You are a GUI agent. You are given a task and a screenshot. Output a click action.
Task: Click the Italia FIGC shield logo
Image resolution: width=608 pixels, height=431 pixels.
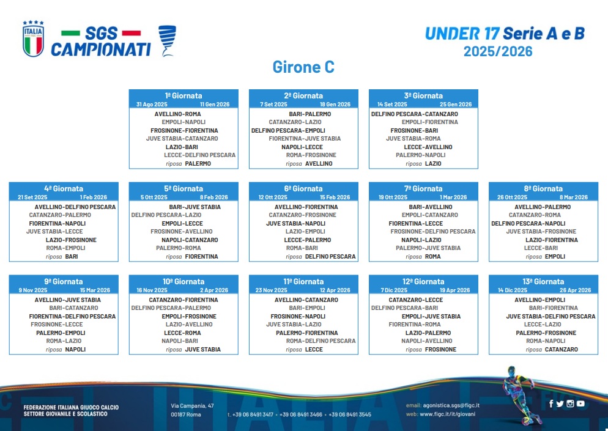pyautogui.click(x=34, y=39)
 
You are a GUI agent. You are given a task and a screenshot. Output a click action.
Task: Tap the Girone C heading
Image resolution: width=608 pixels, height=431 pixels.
pyautogui.click(x=303, y=67)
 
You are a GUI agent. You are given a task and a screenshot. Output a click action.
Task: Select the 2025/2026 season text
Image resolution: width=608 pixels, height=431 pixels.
pyautogui.click(x=498, y=51)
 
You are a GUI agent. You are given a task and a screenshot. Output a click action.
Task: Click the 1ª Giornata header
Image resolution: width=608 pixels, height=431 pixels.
pyautogui.click(x=184, y=96)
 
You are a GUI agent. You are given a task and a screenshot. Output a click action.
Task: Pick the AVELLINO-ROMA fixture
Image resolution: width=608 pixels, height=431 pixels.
pyautogui.click(x=177, y=114)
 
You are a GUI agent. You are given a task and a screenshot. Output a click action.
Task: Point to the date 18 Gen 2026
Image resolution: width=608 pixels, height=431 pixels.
pyautogui.click(x=335, y=105)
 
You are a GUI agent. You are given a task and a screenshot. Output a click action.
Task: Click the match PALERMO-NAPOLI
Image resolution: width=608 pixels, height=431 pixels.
pyautogui.click(x=420, y=155)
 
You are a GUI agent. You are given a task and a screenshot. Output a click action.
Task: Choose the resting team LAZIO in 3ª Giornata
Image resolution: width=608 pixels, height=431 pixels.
pyautogui.click(x=433, y=164)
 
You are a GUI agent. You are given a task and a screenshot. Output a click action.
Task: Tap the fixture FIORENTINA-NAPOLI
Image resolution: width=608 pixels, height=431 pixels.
pyautogui.click(x=57, y=223)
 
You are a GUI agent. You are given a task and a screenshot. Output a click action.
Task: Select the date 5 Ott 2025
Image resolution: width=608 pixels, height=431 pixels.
pyautogui.click(x=154, y=197)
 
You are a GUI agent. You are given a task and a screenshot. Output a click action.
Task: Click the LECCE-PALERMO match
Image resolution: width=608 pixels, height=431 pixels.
pyautogui.click(x=308, y=240)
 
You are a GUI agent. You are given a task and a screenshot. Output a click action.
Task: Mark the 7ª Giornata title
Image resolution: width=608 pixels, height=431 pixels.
pyautogui.click(x=423, y=189)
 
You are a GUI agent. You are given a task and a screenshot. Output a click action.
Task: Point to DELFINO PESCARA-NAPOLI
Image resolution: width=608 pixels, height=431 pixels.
pyautogui.click(x=528, y=223)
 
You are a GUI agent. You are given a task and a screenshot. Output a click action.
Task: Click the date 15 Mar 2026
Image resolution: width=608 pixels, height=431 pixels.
pyautogui.click(x=95, y=290)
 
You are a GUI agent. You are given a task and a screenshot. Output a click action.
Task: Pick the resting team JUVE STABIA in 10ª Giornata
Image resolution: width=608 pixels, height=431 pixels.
pyautogui.click(x=203, y=350)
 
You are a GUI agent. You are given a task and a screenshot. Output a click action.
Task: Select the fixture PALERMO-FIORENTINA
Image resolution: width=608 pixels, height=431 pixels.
pyautogui.click(x=306, y=333)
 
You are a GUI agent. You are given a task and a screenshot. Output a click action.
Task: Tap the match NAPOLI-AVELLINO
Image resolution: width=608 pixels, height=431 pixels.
pyautogui.click(x=426, y=341)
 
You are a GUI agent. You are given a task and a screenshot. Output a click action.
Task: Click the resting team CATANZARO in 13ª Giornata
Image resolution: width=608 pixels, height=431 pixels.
pyautogui.click(x=562, y=350)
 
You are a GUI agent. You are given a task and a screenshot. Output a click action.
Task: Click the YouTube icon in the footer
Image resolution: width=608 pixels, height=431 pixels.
pyautogui.click(x=580, y=403)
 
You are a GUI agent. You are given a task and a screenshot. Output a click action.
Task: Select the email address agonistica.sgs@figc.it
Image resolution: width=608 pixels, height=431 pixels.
pyautogui.click(x=451, y=405)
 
